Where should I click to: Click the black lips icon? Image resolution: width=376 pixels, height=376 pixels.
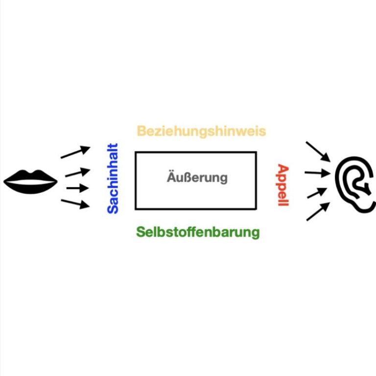pyautogui.click(x=30, y=182)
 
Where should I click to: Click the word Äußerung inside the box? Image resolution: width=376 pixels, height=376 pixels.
pyautogui.click(x=197, y=177)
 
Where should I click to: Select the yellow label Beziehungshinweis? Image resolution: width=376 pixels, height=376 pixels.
pyautogui.click(x=201, y=131)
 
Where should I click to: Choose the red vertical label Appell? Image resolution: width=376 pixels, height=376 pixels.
pyautogui.click(x=283, y=185)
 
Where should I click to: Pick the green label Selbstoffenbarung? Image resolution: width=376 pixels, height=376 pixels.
pyautogui.click(x=198, y=232)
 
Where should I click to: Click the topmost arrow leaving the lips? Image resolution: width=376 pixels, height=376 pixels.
pyautogui.click(x=75, y=152)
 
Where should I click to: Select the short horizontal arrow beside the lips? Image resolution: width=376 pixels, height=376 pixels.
pyautogui.click(x=77, y=188)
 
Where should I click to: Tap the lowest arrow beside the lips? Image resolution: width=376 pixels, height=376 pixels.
pyautogui.click(x=75, y=204)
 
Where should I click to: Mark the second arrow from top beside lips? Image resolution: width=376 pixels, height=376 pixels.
pyautogui.click(x=77, y=172)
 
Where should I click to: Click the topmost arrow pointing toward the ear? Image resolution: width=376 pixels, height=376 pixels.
pyautogui.click(x=317, y=151)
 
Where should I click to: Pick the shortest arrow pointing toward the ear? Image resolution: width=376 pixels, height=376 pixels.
pyautogui.click(x=315, y=192)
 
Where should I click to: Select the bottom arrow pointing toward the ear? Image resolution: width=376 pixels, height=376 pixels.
pyautogui.click(x=317, y=212)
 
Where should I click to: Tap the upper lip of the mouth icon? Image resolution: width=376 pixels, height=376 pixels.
pyautogui.click(x=30, y=177)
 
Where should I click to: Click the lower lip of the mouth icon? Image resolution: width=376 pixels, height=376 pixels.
pyautogui.click(x=30, y=187)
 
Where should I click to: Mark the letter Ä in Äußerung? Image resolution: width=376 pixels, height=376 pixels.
pyautogui.click(x=171, y=177)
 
